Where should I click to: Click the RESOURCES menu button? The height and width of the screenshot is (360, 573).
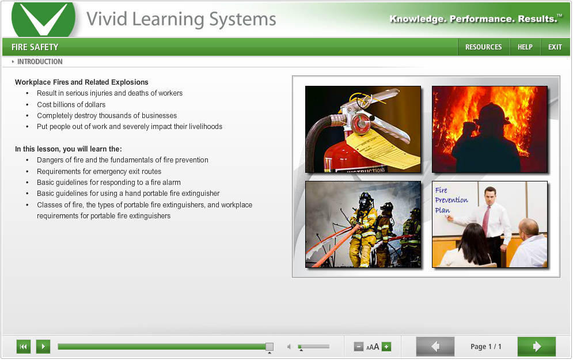(x=483, y=47)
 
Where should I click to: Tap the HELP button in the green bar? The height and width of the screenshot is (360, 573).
(x=525, y=47)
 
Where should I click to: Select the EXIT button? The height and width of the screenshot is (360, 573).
(x=555, y=47)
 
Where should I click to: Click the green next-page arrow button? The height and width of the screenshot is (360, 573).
(x=536, y=346)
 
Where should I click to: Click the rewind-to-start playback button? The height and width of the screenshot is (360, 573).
(x=24, y=346)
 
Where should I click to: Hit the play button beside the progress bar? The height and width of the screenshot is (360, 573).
(x=43, y=346)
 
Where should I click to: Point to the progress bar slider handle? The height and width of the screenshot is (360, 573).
(x=269, y=346)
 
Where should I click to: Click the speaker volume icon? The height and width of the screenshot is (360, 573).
(x=290, y=346)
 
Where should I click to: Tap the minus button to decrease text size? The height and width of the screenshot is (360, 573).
(x=358, y=346)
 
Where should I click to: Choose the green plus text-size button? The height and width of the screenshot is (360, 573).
(x=386, y=346)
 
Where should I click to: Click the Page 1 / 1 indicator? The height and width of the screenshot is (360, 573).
(x=485, y=346)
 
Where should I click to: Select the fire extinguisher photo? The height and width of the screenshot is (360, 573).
(x=363, y=129)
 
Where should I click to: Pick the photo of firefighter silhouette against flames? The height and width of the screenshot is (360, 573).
(x=489, y=129)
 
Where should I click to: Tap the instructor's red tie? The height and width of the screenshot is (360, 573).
(x=487, y=219)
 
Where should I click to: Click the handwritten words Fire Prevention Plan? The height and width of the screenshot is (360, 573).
(x=451, y=200)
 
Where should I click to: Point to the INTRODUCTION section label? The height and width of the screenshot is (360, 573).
(x=40, y=62)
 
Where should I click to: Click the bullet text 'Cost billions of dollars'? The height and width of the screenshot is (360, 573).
(x=71, y=104)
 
